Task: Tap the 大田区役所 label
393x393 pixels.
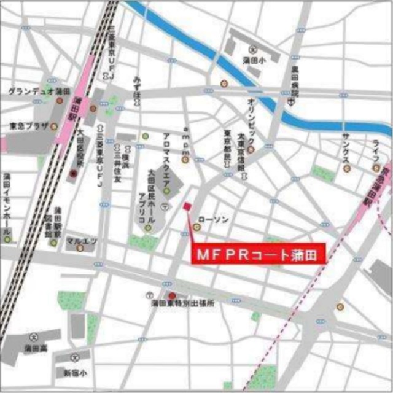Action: point(80,148)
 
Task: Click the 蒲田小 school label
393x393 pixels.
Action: point(254,60)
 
